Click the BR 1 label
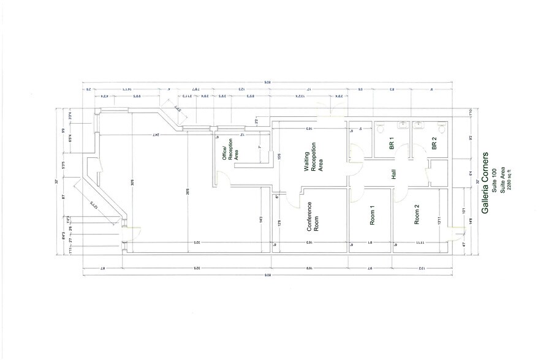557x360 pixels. [x=391, y=145]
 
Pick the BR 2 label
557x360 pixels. [x=434, y=145]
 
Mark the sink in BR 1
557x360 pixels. [x=402, y=126]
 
